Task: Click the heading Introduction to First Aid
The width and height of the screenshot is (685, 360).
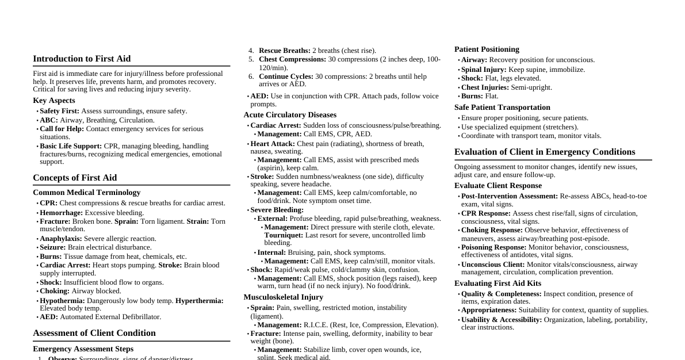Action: (82, 59)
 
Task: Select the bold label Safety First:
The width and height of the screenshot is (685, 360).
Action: (60, 111)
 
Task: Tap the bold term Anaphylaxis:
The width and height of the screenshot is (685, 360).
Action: (62, 239)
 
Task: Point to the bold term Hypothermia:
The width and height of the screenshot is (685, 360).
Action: (62, 301)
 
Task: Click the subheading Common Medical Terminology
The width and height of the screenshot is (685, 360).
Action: (86, 193)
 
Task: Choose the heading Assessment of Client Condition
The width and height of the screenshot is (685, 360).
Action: (94, 333)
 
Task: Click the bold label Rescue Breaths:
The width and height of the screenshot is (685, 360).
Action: (284, 51)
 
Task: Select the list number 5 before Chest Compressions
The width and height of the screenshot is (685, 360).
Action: (251, 59)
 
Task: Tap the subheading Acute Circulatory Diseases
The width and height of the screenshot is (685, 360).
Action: (290, 115)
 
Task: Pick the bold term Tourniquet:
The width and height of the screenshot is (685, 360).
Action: (284, 235)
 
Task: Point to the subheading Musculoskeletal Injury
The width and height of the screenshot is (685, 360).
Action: (283, 297)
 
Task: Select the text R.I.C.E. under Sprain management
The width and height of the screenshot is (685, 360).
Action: (315, 325)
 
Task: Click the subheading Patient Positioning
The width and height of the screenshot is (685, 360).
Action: (487, 49)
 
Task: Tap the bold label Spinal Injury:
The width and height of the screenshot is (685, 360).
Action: (484, 70)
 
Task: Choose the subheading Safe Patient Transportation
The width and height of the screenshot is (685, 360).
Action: (502, 108)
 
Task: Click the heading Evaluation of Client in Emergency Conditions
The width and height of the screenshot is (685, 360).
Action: (545, 152)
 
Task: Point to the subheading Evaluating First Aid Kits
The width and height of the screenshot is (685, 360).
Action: (498, 284)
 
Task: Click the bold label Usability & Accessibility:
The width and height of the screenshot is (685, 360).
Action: (502, 320)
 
